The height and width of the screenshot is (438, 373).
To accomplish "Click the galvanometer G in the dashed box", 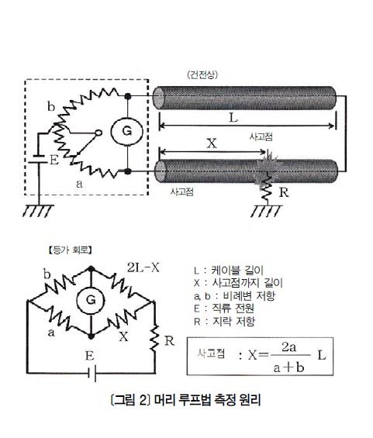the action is coord(127,131).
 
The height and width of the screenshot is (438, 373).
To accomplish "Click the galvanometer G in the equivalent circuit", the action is coord(91,300).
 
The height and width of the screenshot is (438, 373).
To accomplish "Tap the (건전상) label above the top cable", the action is coord(202,75).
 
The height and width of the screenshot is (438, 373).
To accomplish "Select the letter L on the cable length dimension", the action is coord(233,118).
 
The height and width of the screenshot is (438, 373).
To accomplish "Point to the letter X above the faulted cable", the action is coord(212,143).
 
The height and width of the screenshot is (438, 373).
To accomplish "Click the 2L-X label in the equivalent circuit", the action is coord(143,268).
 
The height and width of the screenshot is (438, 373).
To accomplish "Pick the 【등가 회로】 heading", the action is coord(70,250).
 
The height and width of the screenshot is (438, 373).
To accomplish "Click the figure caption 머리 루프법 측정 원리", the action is coord(207,400).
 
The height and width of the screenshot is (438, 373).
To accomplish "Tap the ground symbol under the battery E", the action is coord(38,211).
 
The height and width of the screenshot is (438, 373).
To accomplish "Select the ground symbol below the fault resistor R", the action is coord(266,211).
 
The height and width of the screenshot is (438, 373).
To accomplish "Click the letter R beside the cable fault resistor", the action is coord(284,192).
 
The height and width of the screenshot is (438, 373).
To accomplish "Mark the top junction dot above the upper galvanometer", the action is coord(128,96).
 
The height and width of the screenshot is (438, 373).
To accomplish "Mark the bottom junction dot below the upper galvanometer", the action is coord(127,171).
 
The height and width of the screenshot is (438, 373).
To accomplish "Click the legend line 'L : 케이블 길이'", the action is coord(229,271).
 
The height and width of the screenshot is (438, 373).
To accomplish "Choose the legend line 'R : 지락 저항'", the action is coord(224,321).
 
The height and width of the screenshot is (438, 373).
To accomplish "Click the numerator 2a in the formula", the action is coord(288,347).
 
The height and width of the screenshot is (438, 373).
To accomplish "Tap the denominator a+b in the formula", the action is coord(288,367).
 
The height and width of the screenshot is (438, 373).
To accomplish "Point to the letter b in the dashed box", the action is coord(51,106).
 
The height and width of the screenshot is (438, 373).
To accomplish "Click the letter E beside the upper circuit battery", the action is coord(54,160).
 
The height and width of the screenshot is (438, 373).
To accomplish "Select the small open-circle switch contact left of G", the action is coord(98,133).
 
